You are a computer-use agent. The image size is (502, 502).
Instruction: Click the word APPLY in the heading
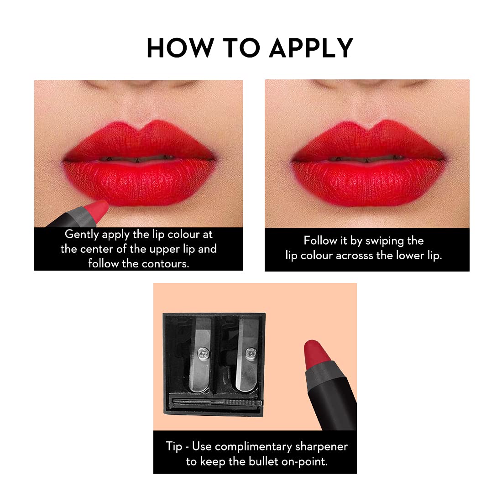pos(311,47)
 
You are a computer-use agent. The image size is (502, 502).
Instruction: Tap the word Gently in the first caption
pos(82,235)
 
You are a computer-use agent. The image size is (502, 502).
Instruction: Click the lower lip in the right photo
pos(367,183)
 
